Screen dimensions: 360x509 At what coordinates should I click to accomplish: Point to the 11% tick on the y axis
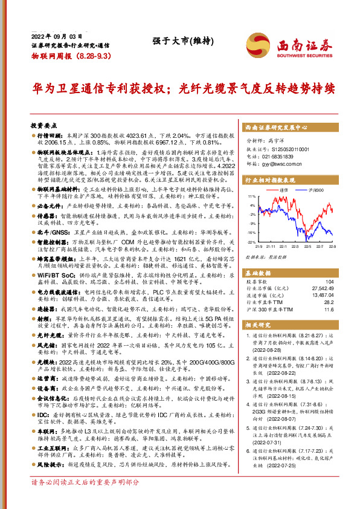[251, 196]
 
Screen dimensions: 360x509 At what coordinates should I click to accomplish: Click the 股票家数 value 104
[329, 282]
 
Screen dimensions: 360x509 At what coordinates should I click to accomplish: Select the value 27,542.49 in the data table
[321, 288]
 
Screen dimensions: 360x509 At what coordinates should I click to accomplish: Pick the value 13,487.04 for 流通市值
[321, 296]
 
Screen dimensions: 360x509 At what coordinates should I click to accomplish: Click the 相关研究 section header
[257, 325]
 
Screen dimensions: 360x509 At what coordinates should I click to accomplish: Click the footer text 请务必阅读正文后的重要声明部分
[85, 499]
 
